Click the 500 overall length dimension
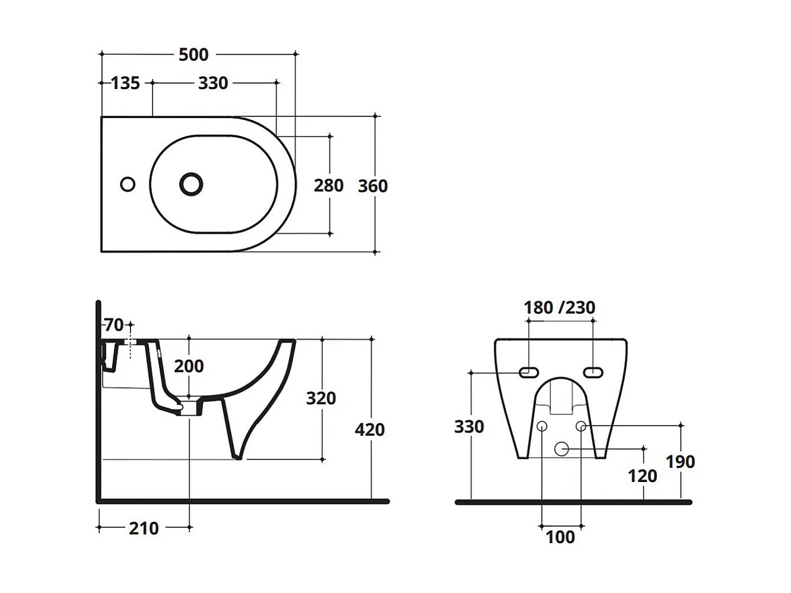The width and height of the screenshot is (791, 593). (x=193, y=55)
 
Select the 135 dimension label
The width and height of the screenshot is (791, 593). (x=125, y=83)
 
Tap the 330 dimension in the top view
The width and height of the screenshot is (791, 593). (x=213, y=83)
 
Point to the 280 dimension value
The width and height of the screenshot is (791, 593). (x=328, y=186)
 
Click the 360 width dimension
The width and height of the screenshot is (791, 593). (x=373, y=186)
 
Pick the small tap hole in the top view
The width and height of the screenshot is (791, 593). (x=128, y=185)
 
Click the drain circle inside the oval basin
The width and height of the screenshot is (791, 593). (x=191, y=184)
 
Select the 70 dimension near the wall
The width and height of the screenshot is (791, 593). (x=114, y=325)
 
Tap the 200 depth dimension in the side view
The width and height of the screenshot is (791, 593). (x=189, y=366)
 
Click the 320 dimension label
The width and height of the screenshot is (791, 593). (x=321, y=398)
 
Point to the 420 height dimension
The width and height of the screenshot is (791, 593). (x=370, y=429)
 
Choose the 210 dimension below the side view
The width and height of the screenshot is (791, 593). (x=144, y=528)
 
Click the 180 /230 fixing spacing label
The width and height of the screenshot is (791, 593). (x=559, y=307)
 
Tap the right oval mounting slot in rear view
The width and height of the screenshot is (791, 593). (x=593, y=372)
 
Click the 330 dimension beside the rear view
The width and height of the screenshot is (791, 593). (x=469, y=427)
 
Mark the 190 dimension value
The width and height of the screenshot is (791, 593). (x=680, y=462)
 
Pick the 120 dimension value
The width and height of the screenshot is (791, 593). (x=643, y=476)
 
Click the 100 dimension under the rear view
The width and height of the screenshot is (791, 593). (x=560, y=537)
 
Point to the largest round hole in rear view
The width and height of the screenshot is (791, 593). (x=561, y=449)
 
